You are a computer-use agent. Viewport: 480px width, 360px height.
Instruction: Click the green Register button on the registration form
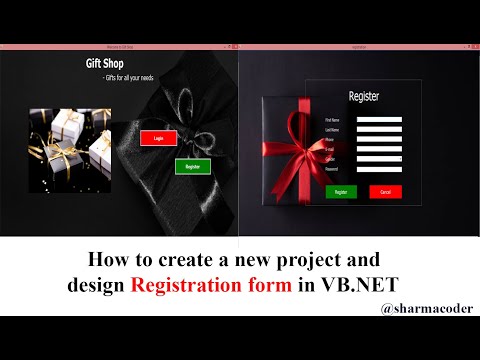(340, 190)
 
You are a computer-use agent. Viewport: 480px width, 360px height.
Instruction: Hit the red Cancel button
(384, 190)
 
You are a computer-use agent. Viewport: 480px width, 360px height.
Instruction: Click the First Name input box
(379, 119)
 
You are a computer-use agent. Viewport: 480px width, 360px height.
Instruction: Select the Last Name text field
(379, 130)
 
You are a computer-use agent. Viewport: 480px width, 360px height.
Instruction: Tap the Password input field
(379, 169)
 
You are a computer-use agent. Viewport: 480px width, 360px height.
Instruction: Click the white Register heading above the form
(363, 97)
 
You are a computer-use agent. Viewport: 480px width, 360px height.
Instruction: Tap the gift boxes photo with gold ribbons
(69, 150)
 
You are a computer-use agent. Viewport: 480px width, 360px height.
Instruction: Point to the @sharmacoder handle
(427, 309)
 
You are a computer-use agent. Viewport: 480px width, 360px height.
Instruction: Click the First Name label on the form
(331, 119)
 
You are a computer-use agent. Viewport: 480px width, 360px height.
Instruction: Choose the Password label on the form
(331, 169)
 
